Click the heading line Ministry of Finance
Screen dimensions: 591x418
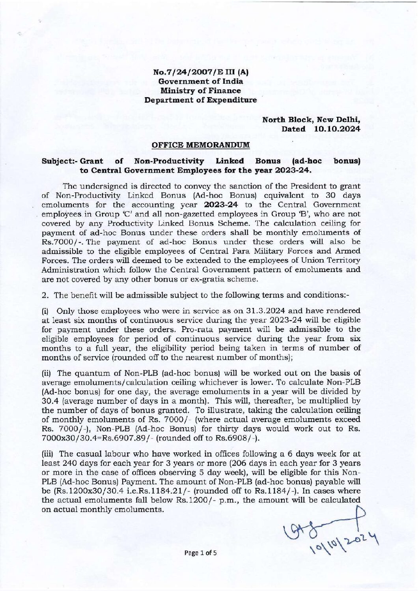[201, 91]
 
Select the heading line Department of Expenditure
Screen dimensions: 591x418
[201, 100]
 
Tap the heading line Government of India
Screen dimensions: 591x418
[201, 82]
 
